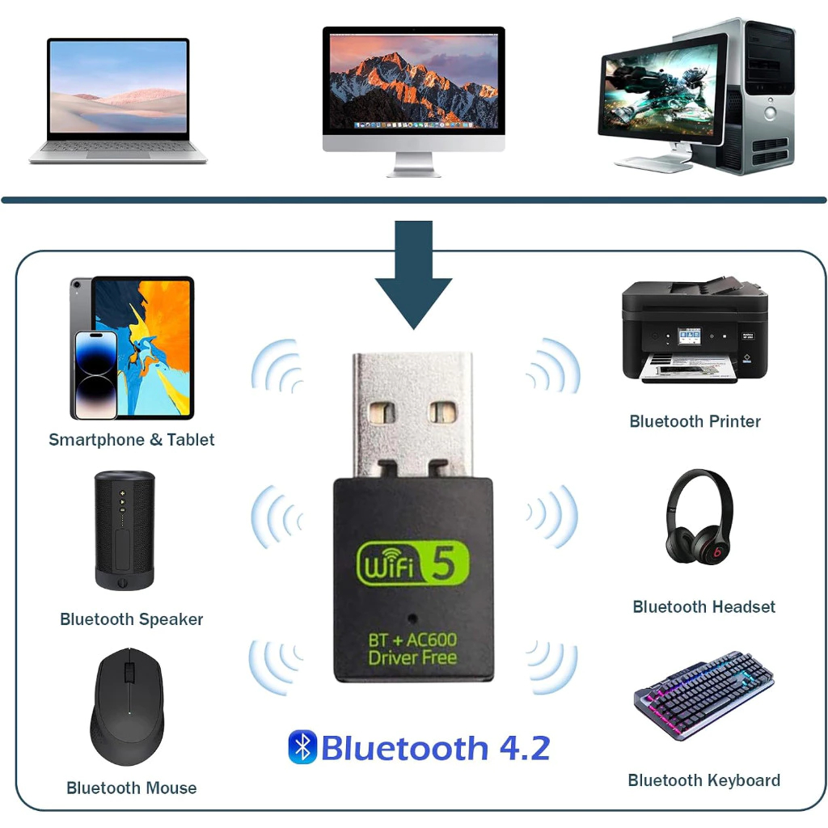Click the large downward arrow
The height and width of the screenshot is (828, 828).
pyautogui.click(x=413, y=275)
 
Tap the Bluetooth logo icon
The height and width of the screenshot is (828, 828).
pyautogui.click(x=302, y=747)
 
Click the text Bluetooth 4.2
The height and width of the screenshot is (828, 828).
pyautogui.click(x=435, y=748)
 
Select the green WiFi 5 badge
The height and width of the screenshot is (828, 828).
pyautogui.click(x=412, y=564)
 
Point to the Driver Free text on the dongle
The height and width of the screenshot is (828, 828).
pyautogui.click(x=412, y=657)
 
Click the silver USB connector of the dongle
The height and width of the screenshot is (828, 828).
pyautogui.click(x=412, y=412)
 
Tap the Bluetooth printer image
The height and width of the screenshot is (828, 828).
pyautogui.click(x=694, y=332)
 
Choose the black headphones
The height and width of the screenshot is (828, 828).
pyautogui.click(x=699, y=517)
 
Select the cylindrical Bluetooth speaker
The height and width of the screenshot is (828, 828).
pyautogui.click(x=124, y=530)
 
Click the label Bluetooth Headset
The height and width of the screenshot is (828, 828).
pyautogui.click(x=703, y=606)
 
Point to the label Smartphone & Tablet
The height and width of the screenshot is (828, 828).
pyautogui.click(x=132, y=440)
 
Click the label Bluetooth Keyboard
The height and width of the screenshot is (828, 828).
pyautogui.click(x=703, y=780)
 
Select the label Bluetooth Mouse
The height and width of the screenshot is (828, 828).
pyautogui.click(x=131, y=788)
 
